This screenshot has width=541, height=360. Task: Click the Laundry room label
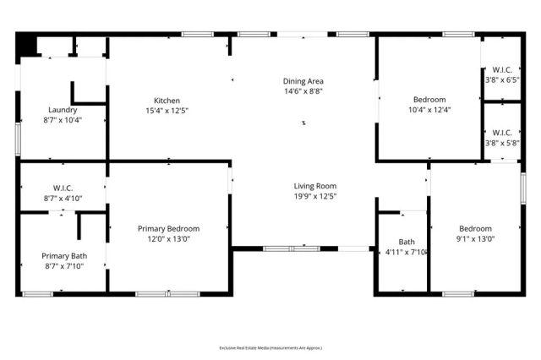pos(63,110)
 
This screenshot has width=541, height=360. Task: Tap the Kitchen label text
pos(167,100)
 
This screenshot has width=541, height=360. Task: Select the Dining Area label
pos(303,81)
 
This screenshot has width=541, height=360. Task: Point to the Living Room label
pos(314,186)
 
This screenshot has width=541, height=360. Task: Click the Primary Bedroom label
pos(168,228)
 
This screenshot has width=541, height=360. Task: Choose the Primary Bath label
pos(63,255)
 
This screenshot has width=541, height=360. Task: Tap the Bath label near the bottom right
pos(407,241)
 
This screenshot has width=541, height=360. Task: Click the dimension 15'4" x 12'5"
pos(167,110)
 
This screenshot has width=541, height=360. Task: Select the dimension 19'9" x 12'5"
pos(314,196)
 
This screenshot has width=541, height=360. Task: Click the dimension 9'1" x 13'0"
pos(474,238)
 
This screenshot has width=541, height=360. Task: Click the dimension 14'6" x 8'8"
pos(303,91)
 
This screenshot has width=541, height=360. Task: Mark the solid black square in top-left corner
pos(27,44)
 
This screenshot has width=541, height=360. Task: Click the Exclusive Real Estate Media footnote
pos(270,347)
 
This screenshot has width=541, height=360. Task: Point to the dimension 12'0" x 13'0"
pos(168,238)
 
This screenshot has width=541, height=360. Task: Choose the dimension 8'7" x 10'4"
pos(63,120)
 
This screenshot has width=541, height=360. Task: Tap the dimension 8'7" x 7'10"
pos(63,265)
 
